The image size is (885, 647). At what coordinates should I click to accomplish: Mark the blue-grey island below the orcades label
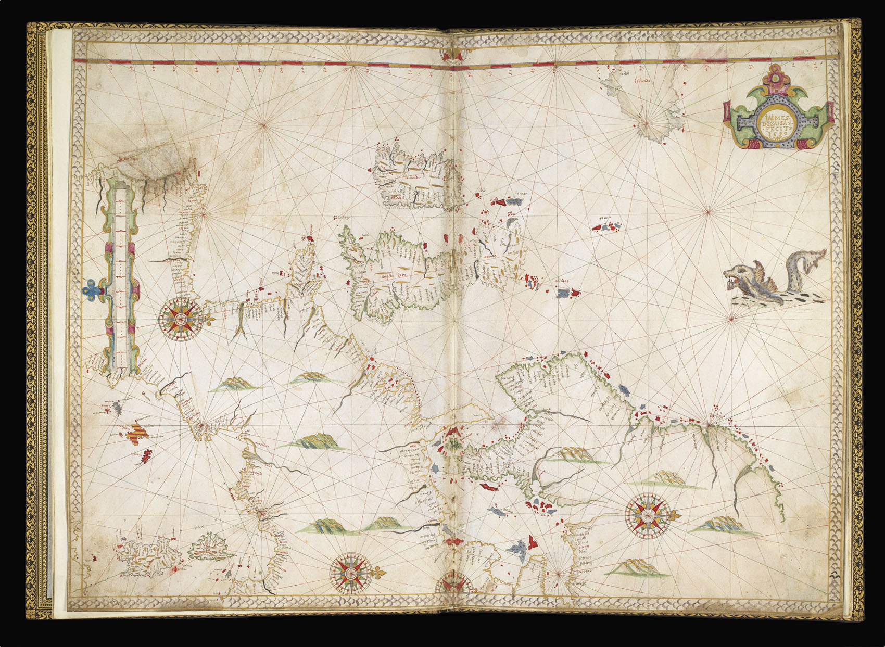click(x=563, y=294)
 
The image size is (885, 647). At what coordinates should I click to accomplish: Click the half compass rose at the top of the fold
click(x=452, y=56)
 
